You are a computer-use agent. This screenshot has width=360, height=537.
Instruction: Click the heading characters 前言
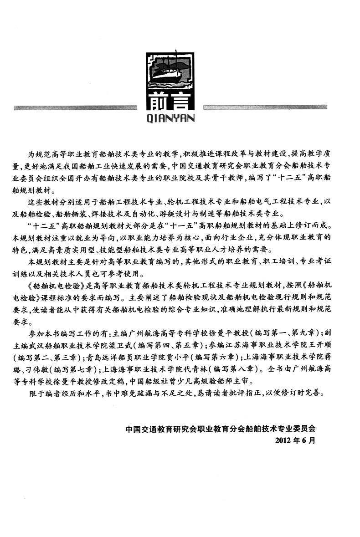click(x=170, y=103)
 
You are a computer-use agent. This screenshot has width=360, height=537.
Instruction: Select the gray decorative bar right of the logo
click(x=262, y=108)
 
